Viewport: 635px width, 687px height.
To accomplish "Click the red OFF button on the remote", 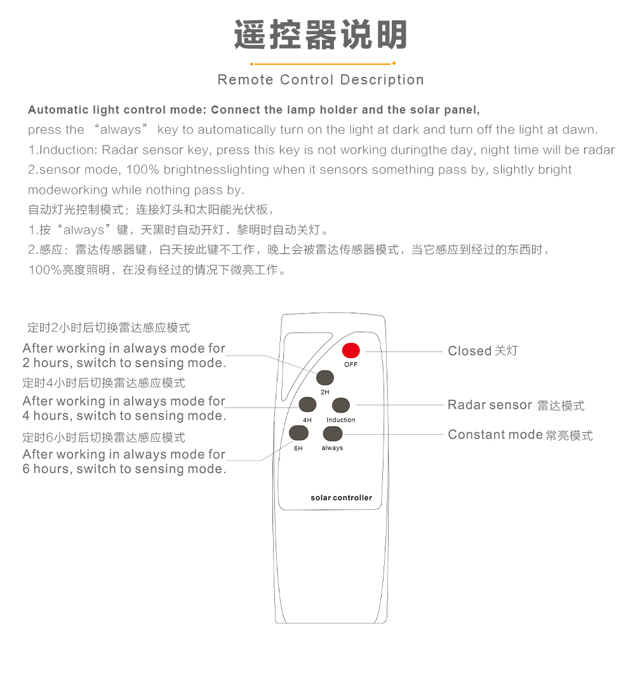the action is point(351,350).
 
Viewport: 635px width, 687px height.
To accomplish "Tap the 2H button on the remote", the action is point(324,378).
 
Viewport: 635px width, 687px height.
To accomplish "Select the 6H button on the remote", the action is point(298,433).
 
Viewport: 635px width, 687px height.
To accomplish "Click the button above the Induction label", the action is point(341,405).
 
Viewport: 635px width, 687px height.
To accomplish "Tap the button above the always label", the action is point(333,433).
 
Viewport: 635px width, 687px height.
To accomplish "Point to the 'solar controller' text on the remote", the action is point(342,498).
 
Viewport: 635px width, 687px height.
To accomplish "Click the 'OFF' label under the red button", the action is point(351,364).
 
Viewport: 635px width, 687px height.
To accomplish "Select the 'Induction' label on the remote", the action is point(341,420).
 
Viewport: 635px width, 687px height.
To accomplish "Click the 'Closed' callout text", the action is point(469,351).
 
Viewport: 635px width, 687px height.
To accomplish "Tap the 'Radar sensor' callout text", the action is point(490,405).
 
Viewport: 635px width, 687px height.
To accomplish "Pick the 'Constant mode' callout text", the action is point(495,435).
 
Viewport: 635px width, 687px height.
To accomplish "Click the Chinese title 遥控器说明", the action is point(321,35).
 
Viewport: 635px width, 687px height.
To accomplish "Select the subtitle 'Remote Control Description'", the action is point(321,80).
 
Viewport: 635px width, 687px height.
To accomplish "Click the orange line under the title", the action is point(323,64).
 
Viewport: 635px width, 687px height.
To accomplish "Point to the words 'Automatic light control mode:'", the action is point(117,110).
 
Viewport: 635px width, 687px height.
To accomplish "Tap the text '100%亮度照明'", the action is point(69,269).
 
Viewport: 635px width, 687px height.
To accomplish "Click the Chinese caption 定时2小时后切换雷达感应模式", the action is point(109,327).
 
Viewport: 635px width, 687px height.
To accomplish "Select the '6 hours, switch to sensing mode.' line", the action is point(124,469).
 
